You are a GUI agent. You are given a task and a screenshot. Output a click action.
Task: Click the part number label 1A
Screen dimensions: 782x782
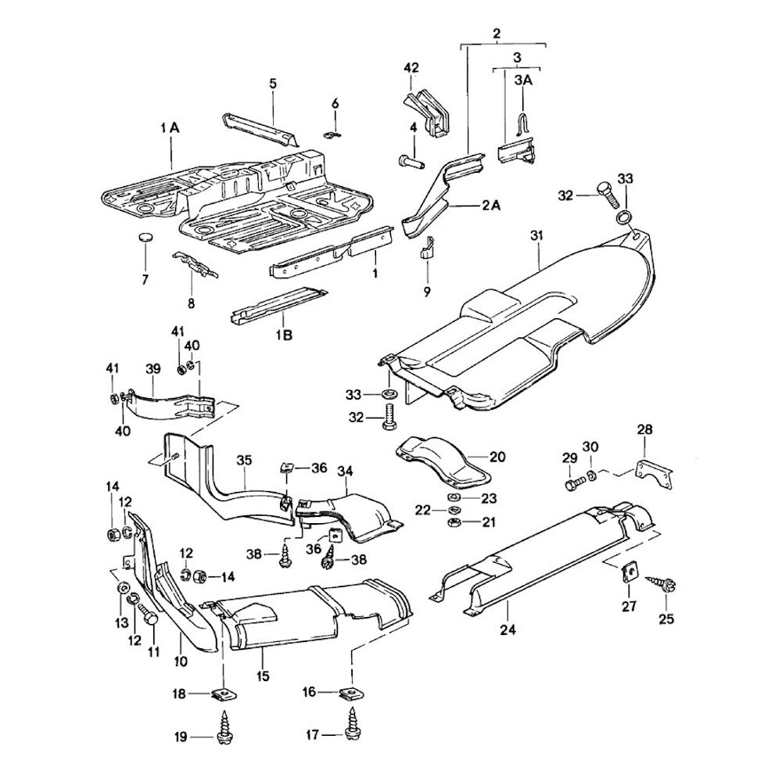click(x=170, y=127)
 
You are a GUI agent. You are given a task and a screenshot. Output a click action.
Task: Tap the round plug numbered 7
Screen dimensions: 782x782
click(x=145, y=238)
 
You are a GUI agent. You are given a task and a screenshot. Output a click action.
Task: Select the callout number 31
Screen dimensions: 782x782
click(x=536, y=235)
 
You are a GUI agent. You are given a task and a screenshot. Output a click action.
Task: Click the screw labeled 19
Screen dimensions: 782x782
click(x=225, y=733)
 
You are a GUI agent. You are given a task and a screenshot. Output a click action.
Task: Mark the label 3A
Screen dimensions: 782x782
click(x=522, y=80)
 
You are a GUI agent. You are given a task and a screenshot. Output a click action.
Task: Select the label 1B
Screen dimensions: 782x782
click(x=284, y=334)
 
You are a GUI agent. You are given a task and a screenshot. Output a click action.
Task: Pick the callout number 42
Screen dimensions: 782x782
click(x=412, y=68)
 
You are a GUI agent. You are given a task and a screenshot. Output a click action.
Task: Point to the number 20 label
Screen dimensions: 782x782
click(x=498, y=457)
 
